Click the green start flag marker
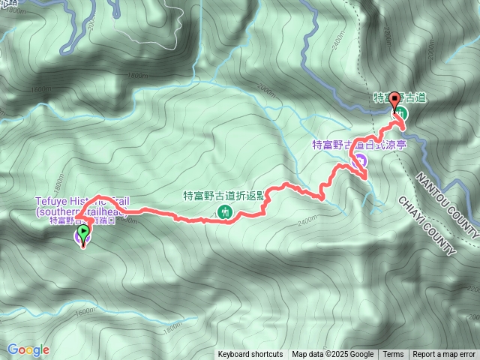coord(82,234)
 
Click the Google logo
coord(28,349)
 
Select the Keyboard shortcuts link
coord(250,355)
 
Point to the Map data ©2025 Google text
coord(332,355)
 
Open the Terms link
coord(393,355)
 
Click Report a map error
coord(444,355)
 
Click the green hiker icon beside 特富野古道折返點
coord(223,212)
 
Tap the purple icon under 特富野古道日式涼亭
coord(361,159)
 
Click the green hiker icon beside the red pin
coord(402,112)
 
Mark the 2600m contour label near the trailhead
coord(127,220)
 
